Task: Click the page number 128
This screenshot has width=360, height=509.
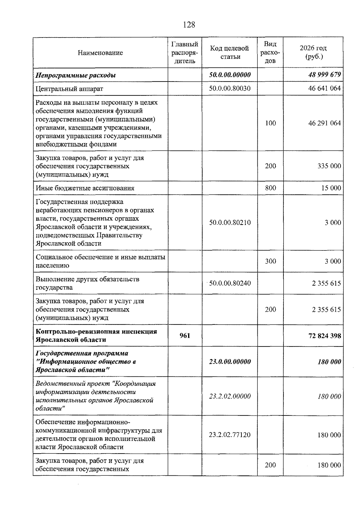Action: tap(189, 25)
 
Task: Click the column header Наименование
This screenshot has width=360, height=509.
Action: tap(100, 53)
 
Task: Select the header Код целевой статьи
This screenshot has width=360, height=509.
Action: tap(229, 52)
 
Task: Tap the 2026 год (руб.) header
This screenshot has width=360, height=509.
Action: tap(313, 52)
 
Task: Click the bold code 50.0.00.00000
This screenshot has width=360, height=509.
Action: tap(230, 75)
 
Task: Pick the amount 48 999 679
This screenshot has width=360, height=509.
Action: tap(324, 75)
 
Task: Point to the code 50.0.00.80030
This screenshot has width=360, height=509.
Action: tap(230, 88)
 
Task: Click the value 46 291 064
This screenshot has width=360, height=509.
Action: tap(324, 123)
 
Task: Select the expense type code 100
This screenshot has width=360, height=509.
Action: tap(270, 123)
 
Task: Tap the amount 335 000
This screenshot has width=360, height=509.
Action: tap(329, 166)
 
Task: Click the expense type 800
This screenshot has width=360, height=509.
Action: tap(270, 188)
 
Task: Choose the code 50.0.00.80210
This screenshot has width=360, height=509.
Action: tap(230, 223)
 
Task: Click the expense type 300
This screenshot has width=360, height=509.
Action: tap(270, 261)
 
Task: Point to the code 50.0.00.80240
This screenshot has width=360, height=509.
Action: tap(230, 283)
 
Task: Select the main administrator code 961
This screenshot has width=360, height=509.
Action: tap(185, 336)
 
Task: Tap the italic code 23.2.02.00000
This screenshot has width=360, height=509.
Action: tap(230, 396)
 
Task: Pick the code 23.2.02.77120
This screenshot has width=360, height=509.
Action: tap(230, 435)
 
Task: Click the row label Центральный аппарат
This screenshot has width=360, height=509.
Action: tap(69, 89)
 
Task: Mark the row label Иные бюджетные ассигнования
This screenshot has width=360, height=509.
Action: tap(85, 188)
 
